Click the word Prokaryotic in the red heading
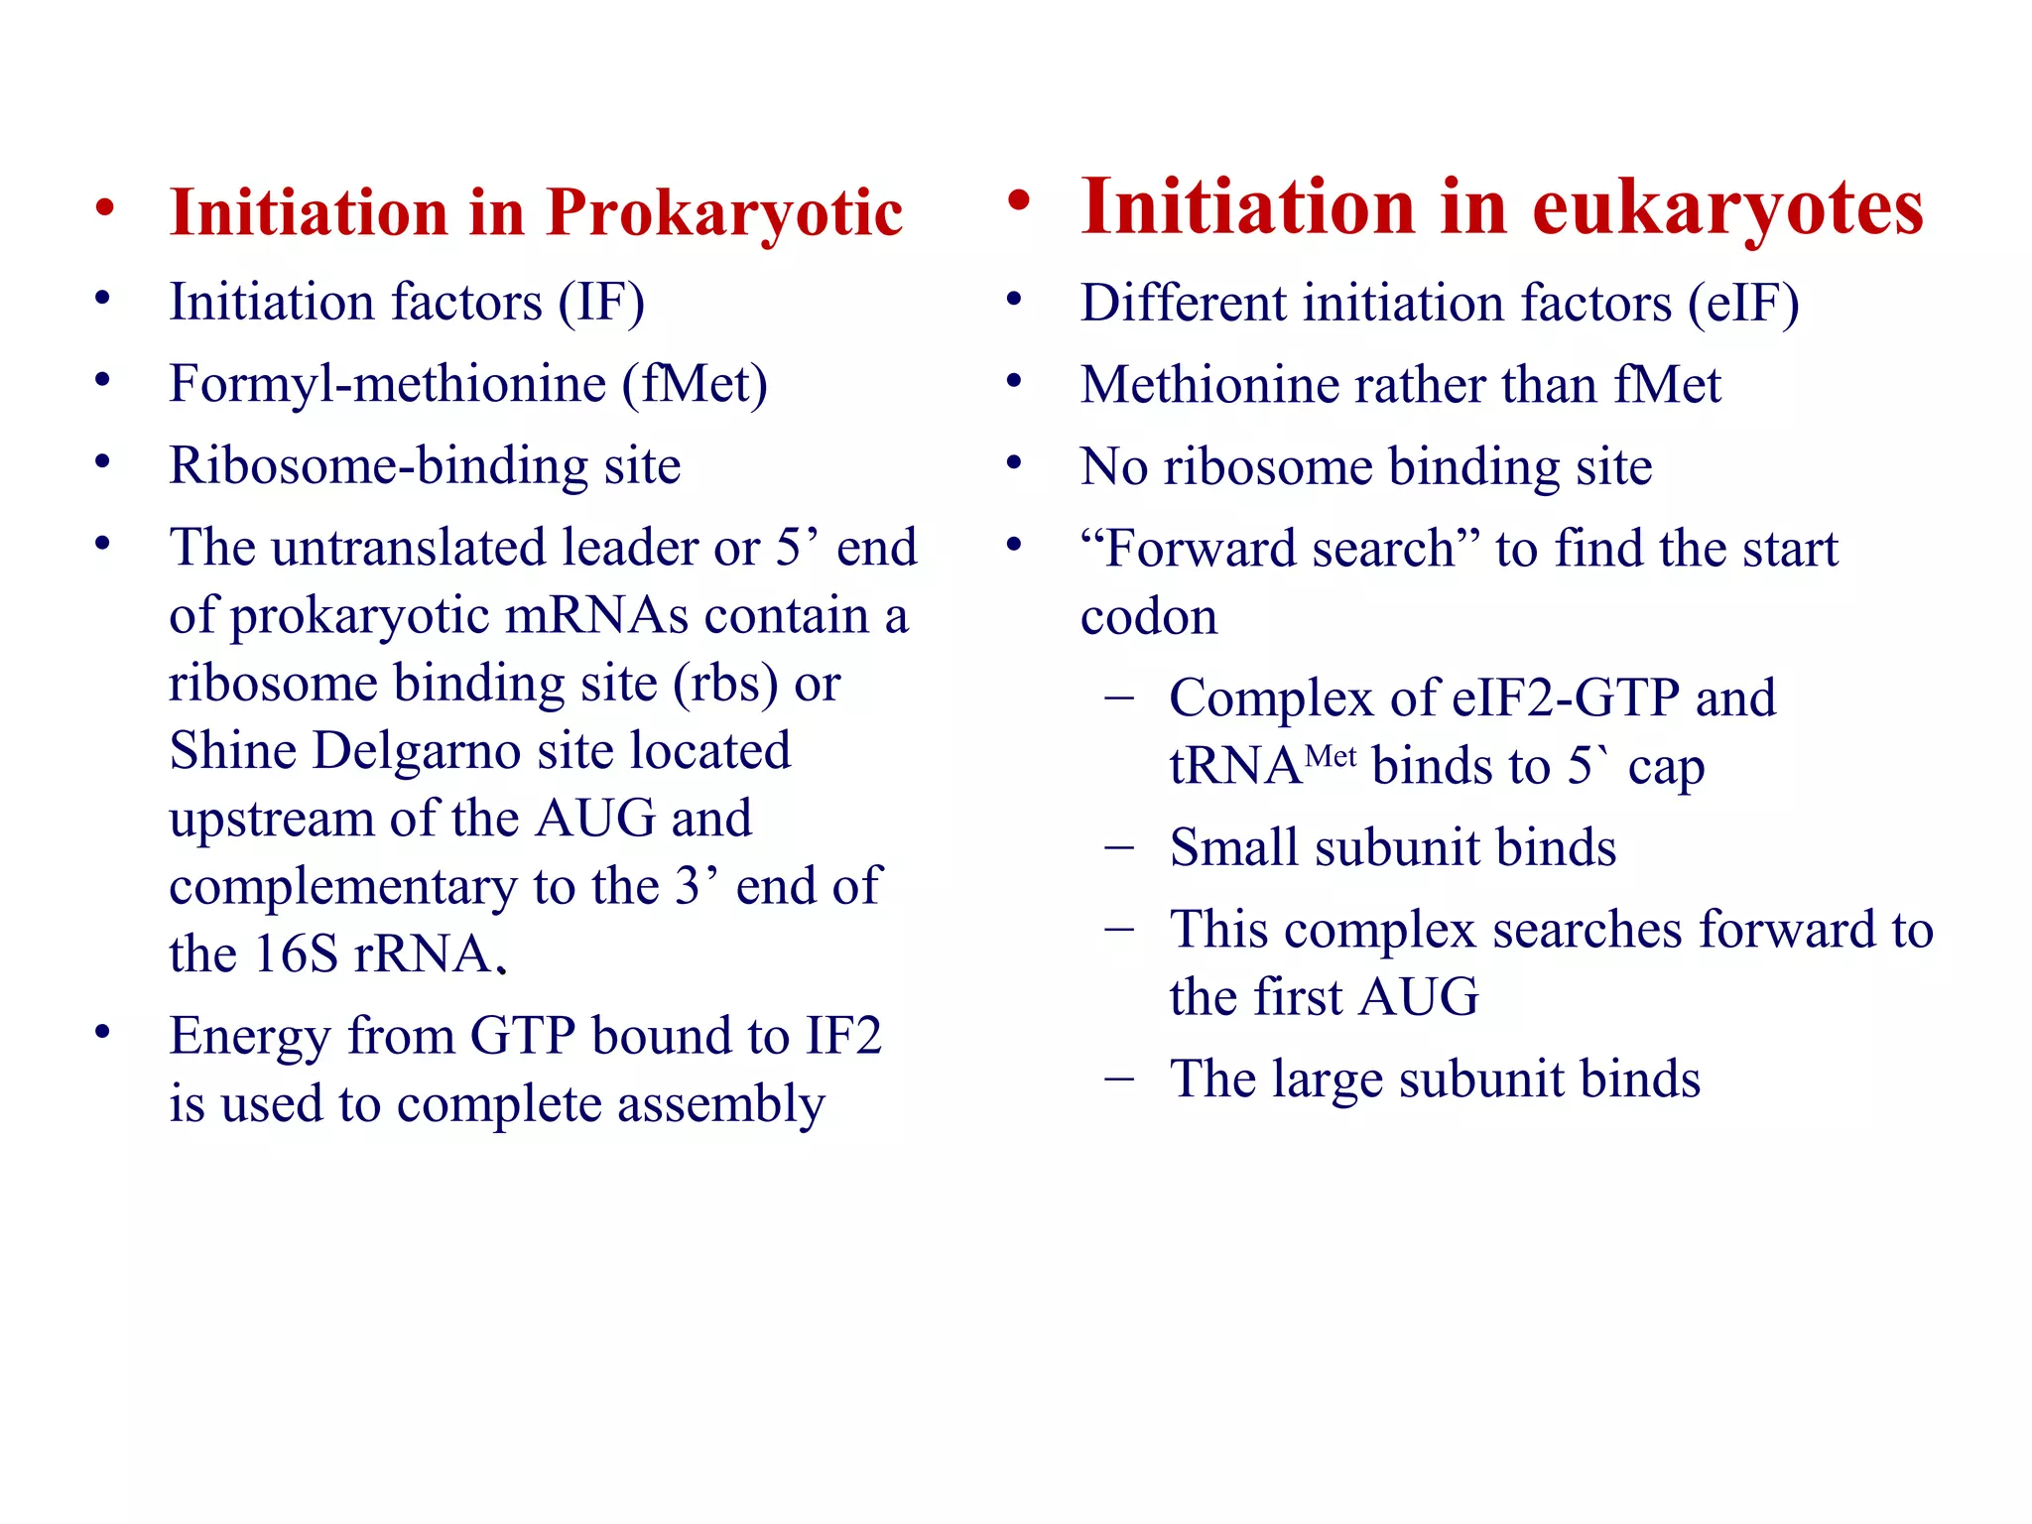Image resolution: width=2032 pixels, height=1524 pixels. pyautogui.click(x=724, y=213)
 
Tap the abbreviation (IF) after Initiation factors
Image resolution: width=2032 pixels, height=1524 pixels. pyautogui.click(x=601, y=302)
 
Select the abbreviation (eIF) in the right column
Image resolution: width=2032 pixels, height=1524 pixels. pyautogui.click(x=1743, y=303)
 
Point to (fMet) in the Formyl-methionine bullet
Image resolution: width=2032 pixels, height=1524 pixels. pyautogui.click(x=695, y=384)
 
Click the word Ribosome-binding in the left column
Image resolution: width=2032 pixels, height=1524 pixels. pyautogui.click(x=377, y=465)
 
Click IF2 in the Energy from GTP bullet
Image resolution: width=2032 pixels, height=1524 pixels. pyautogui.click(x=842, y=1036)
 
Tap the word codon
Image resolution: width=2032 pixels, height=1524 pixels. pyautogui.click(x=1148, y=617)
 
